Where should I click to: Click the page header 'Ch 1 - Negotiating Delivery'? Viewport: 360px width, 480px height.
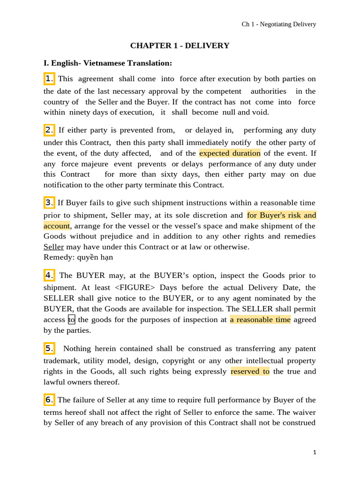(278, 24)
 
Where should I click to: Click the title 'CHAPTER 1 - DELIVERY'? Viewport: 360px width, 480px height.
(180, 45)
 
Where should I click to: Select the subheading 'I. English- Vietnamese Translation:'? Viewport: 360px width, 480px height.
(101, 63)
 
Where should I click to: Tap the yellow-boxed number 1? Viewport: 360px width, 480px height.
(50, 78)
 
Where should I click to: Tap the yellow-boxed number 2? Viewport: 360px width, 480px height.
(50, 130)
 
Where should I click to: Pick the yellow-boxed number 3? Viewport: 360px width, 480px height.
(50, 202)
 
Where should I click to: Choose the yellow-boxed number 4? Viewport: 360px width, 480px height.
(50, 275)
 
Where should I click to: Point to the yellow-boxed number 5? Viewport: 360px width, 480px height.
(50, 348)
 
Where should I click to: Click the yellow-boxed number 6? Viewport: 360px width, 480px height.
(50, 400)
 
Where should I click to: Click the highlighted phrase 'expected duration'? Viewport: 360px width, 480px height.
(230, 153)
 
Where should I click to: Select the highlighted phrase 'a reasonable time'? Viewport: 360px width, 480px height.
(260, 320)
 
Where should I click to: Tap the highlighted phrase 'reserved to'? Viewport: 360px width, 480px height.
(250, 371)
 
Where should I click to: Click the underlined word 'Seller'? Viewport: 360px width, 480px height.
(53, 247)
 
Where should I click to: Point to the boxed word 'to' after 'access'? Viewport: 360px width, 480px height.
(72, 320)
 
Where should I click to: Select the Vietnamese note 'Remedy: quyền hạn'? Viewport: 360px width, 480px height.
(78, 257)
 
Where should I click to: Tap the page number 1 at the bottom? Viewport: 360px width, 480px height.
(315, 452)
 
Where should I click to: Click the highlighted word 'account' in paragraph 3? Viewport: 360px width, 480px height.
(56, 226)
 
